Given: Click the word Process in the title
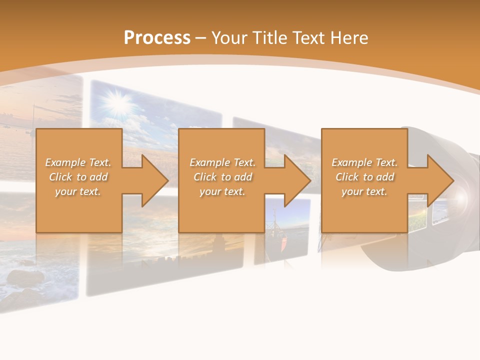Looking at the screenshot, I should (x=157, y=38).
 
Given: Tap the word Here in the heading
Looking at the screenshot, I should (x=348, y=38).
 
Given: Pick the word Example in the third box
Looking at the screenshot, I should (x=351, y=162).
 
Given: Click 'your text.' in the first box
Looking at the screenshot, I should (x=78, y=191).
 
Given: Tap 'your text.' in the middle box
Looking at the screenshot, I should (x=222, y=191).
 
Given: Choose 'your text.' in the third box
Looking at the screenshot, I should (x=364, y=191).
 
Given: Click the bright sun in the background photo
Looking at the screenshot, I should (x=118, y=103).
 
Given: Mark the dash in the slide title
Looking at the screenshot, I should (x=200, y=38).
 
